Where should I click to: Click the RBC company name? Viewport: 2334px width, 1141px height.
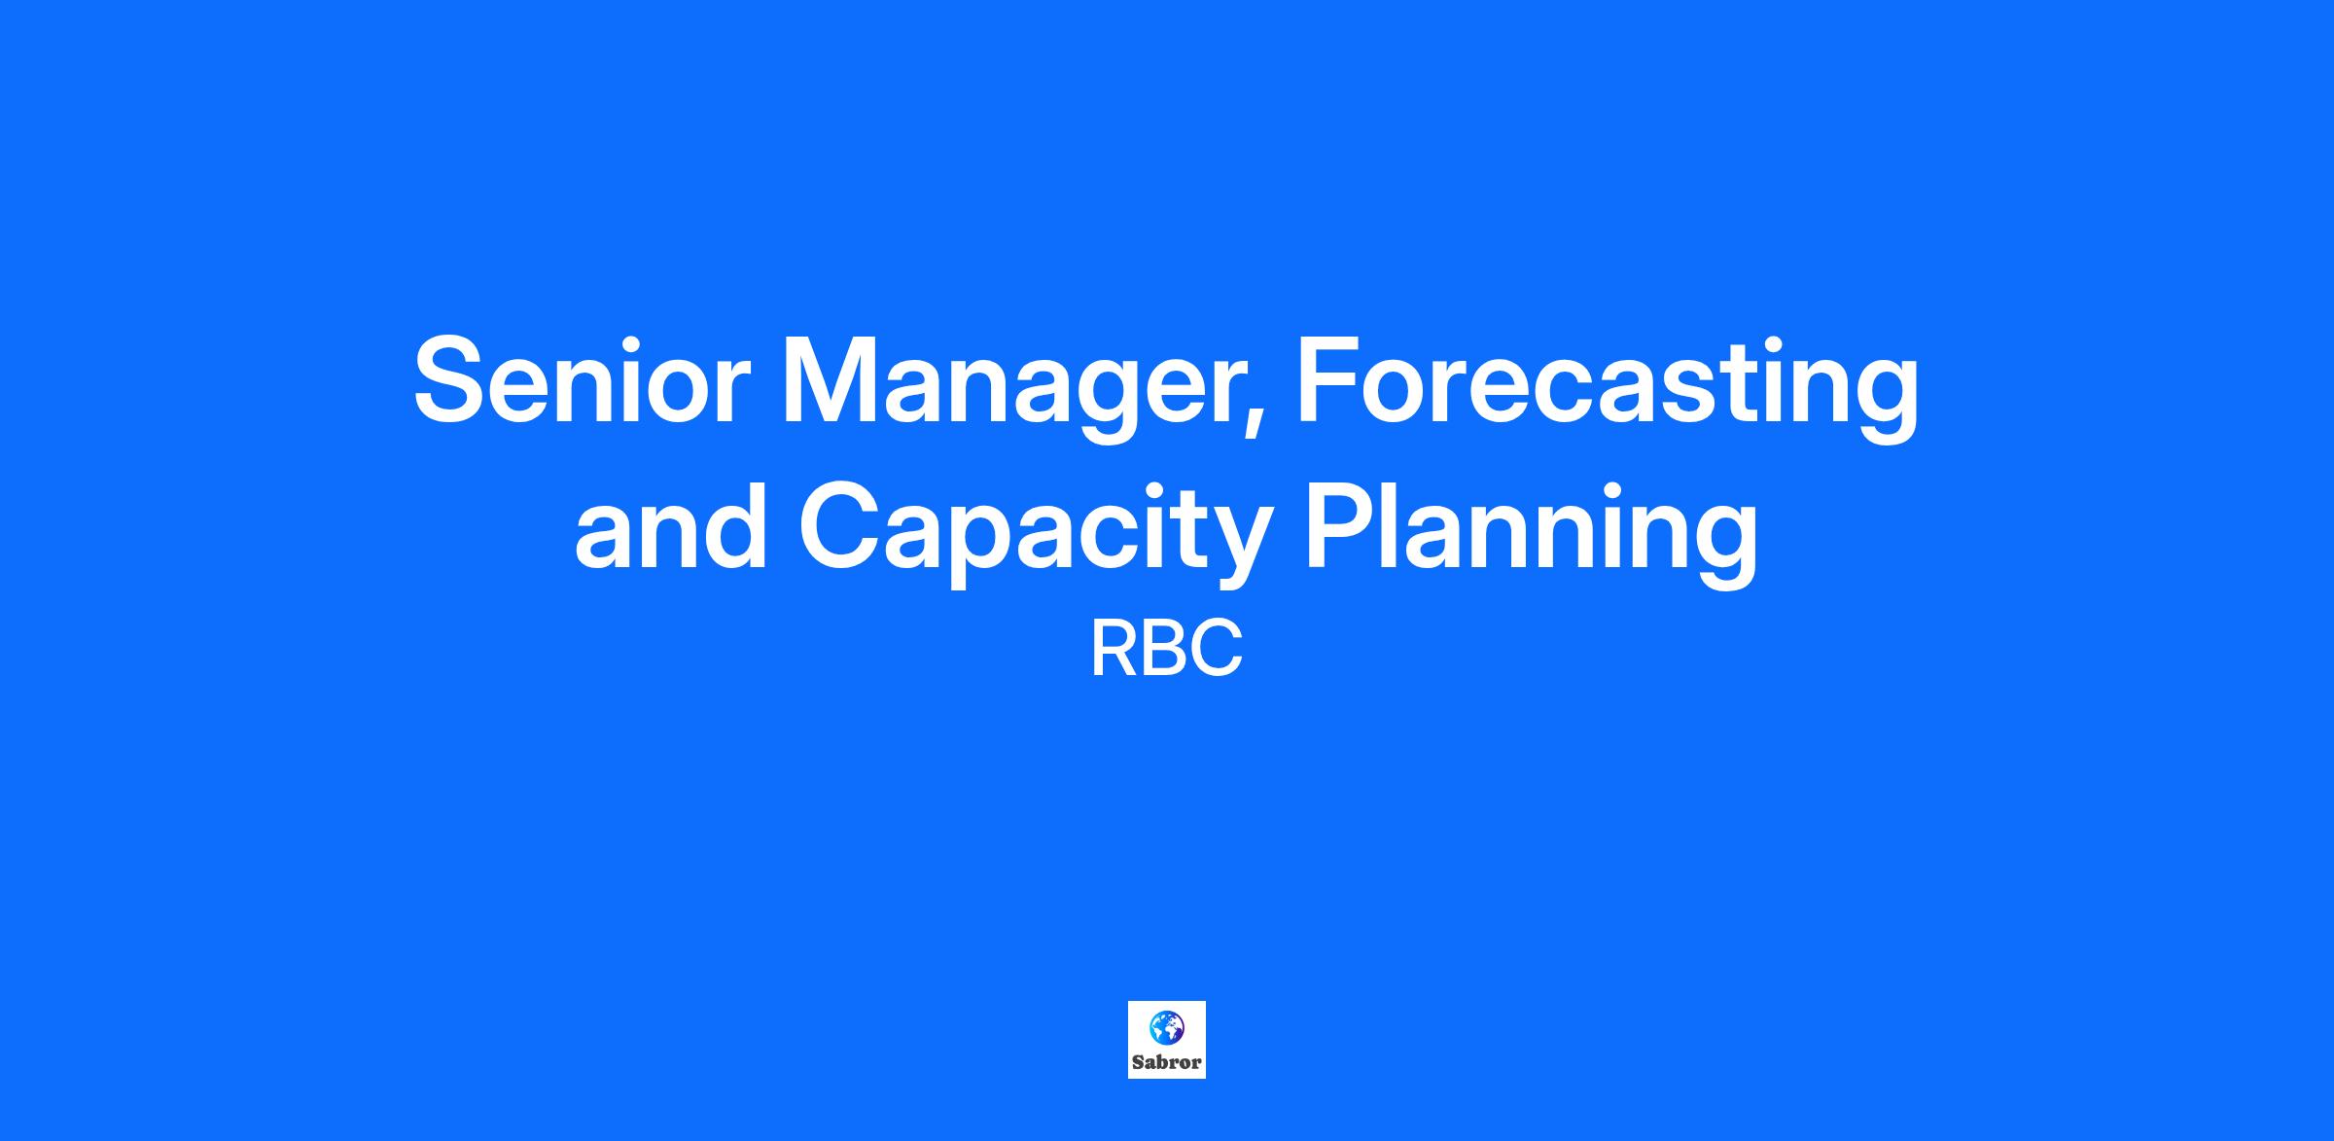point(1167,650)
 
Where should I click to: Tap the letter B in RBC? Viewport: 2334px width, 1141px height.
point(1167,650)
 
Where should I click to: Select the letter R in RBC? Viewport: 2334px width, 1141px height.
point(1114,650)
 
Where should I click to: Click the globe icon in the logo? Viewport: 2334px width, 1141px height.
point(1166,1027)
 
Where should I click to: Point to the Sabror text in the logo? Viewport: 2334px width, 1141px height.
point(1167,1062)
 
